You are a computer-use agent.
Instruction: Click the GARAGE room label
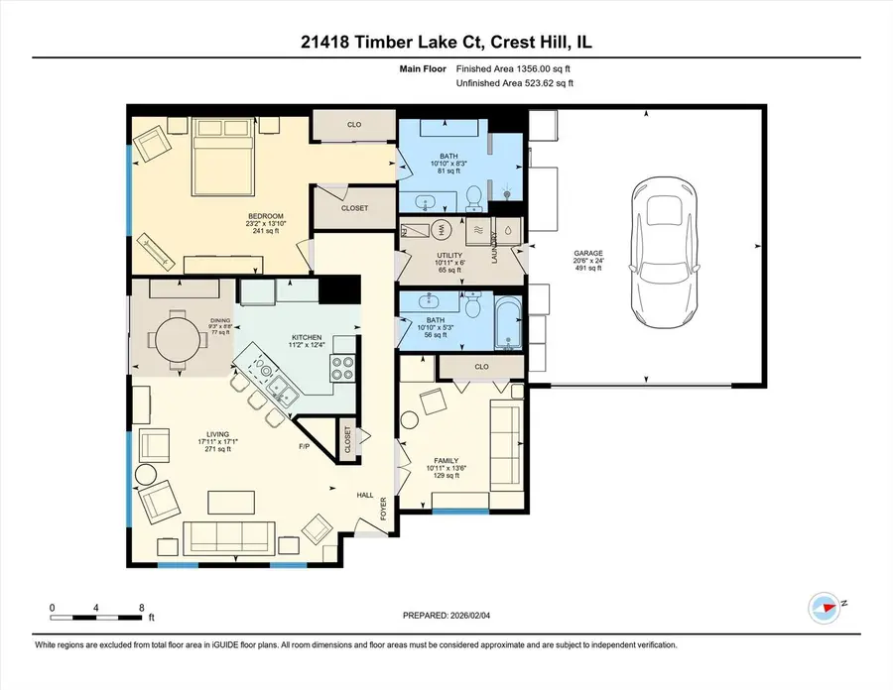[x=588, y=253]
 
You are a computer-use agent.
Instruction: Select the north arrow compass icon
[x=824, y=604]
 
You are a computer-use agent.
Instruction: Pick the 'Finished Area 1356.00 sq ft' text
[x=514, y=69]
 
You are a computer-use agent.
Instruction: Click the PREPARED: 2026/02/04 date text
[x=445, y=616]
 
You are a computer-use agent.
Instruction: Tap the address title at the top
[x=446, y=42]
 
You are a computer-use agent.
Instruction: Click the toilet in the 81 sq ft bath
[x=474, y=202]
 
